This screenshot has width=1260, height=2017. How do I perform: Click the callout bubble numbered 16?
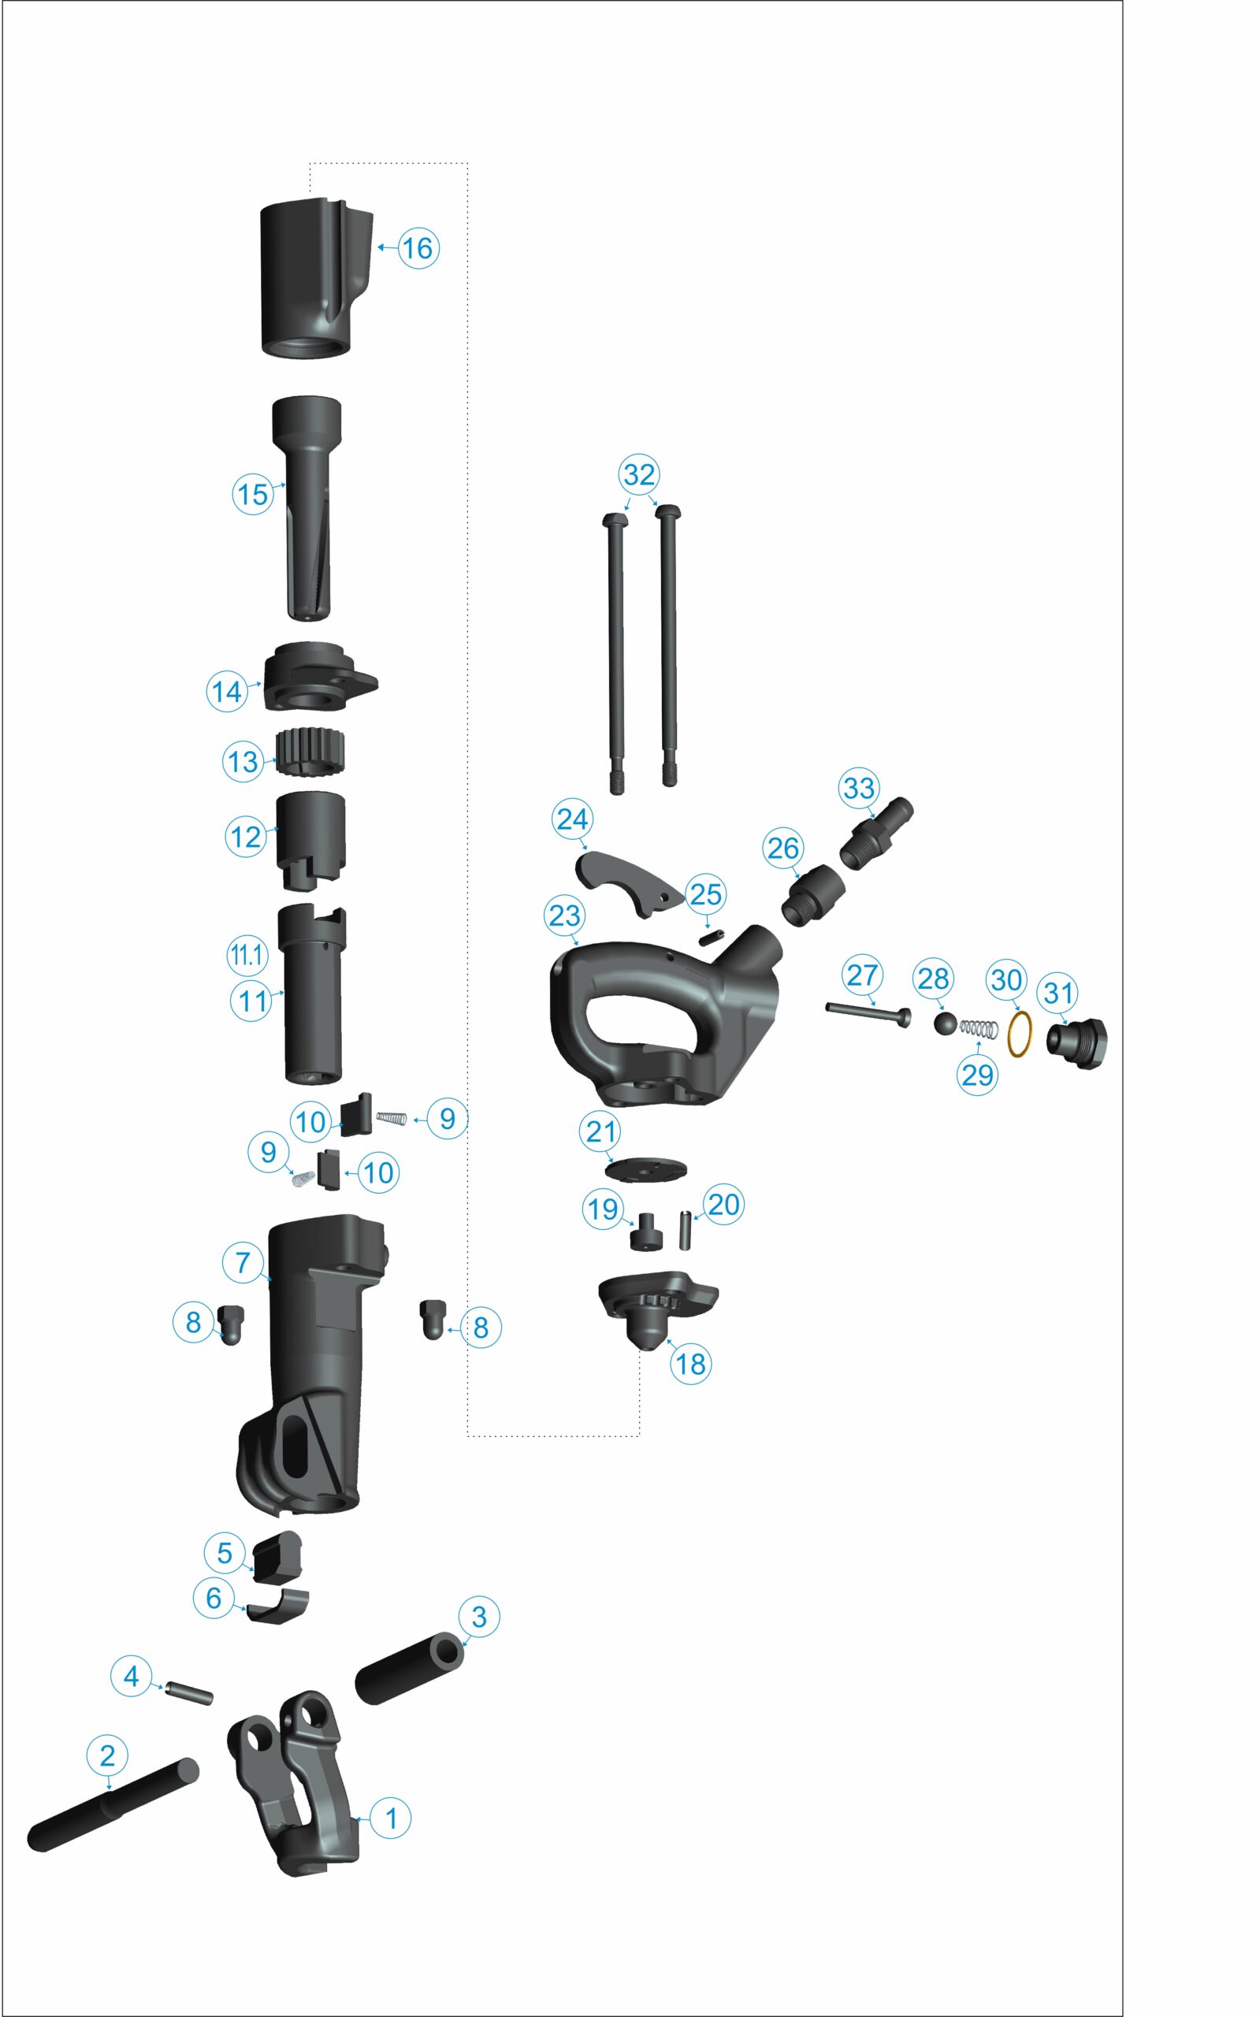point(418,247)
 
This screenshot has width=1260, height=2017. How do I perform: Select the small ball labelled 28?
point(945,1025)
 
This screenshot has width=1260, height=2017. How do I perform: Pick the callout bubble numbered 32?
point(639,474)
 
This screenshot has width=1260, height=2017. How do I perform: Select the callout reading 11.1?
point(247,956)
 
